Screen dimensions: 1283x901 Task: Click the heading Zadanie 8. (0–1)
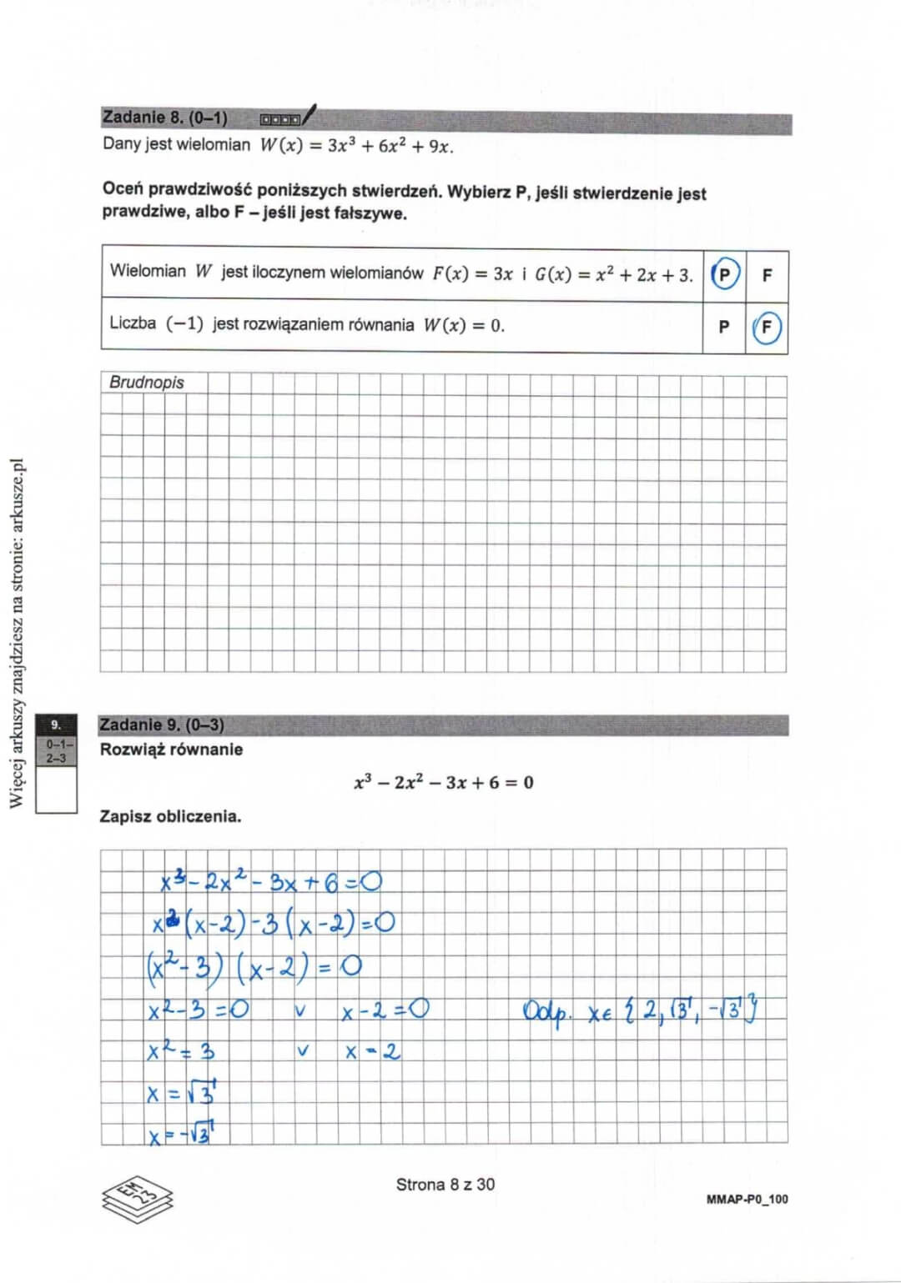coord(164,118)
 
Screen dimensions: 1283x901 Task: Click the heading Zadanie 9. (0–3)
coord(162,724)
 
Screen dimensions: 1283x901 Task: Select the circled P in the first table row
coord(724,274)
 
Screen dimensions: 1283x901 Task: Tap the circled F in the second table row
coord(766,327)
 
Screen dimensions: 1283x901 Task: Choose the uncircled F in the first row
coord(767,274)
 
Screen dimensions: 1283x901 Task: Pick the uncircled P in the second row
coord(723,327)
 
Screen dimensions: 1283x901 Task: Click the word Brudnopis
coord(147,383)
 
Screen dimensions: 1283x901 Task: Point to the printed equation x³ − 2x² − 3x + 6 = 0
coord(443,782)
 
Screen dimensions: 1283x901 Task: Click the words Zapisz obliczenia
coord(170,816)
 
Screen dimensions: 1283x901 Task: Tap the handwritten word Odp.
coord(546,1012)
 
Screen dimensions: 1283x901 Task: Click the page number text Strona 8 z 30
coord(445,1184)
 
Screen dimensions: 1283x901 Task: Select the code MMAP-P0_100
coord(747,1199)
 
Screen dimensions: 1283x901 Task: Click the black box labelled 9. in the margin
coord(56,724)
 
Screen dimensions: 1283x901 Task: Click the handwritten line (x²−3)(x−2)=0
coord(254,966)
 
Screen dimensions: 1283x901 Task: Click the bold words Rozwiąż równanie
coord(171,749)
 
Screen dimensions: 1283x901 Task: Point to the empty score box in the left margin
coord(56,789)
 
